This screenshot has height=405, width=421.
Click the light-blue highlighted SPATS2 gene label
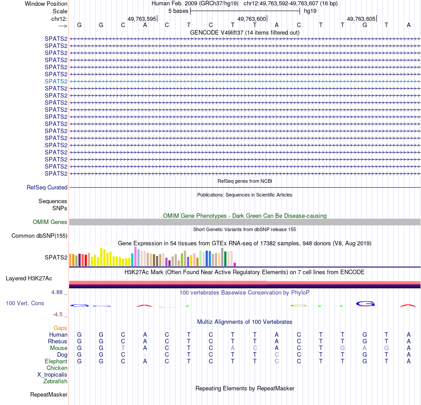[56, 81]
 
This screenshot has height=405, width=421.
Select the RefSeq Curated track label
[47, 188]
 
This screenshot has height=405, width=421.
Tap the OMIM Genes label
[50, 222]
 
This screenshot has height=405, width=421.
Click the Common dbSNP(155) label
[39, 236]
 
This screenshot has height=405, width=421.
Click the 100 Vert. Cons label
[25, 303]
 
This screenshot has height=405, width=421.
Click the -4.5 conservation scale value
[59, 315]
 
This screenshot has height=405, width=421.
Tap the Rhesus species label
[58, 342]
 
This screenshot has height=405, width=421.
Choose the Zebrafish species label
[55, 381]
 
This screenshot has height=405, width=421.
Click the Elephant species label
[56, 362]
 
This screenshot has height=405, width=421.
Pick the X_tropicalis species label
[52, 374]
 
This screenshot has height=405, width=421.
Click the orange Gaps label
[60, 328]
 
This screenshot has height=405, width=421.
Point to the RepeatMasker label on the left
[49, 394]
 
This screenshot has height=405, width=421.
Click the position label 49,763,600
[252, 19]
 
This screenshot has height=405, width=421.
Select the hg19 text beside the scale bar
[310, 11]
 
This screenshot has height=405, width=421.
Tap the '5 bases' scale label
[178, 11]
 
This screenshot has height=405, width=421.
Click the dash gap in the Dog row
[145, 355]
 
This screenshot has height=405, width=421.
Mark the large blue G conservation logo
[365, 304]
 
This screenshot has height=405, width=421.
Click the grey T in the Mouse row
[123, 348]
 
